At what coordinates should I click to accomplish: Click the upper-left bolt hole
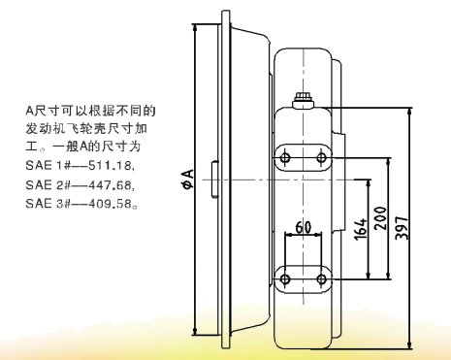pos(285,156)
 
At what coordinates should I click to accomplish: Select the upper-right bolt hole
pos(317,156)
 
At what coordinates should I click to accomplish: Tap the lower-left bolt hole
pos(285,279)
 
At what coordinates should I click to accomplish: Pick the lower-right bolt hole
pos(317,279)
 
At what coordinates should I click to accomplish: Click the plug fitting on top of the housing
pos(303,98)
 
